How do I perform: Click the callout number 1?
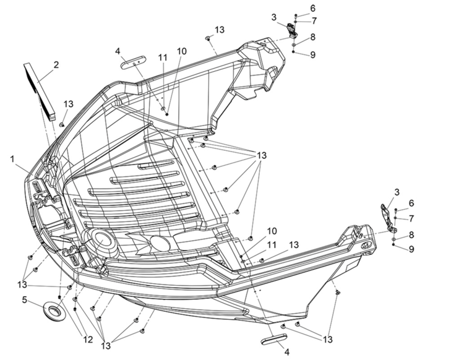[x=12, y=159]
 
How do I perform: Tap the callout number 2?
[x=56, y=64]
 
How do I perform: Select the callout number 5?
[x=25, y=299]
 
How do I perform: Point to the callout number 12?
[x=88, y=340]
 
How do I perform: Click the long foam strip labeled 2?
[x=40, y=90]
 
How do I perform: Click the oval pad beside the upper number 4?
[x=133, y=62]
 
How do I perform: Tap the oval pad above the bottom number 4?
[x=274, y=339]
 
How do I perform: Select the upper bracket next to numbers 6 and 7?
[x=292, y=30]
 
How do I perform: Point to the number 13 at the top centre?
[x=220, y=30]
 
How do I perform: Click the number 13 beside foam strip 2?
[x=68, y=104]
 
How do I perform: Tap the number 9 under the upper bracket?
[x=313, y=54]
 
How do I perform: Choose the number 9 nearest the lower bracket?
[x=411, y=249]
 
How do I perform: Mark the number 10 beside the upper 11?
[x=182, y=51]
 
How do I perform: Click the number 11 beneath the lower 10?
[x=272, y=245]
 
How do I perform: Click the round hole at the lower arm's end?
[x=367, y=245]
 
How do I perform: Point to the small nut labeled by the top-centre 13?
[x=208, y=38]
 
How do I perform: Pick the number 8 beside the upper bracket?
[x=313, y=37]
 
